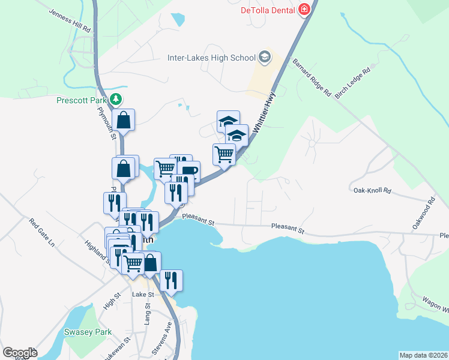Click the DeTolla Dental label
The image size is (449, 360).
[x=268, y=10]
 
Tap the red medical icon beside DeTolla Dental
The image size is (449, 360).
[x=304, y=10]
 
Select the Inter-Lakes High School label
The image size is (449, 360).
[x=211, y=58]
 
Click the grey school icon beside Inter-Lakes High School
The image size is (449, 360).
[x=265, y=58]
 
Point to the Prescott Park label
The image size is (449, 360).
[x=81, y=100]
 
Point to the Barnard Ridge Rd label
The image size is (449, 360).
[x=312, y=77]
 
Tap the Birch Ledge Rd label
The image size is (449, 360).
[x=353, y=83]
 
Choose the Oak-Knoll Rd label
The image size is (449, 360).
[x=372, y=191]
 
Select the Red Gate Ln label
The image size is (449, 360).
[x=41, y=233]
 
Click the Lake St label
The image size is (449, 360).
[x=143, y=295]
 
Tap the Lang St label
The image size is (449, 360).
[x=147, y=316]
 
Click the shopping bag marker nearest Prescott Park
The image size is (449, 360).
[x=123, y=120]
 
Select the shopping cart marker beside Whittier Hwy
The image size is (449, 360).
[x=224, y=155]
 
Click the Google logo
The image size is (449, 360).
[x=20, y=353]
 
